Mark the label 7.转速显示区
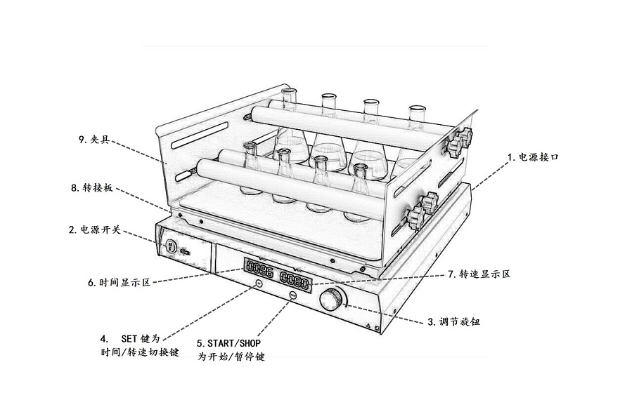[x=479, y=274]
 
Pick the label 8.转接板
[x=91, y=188]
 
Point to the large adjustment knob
[x=330, y=300]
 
